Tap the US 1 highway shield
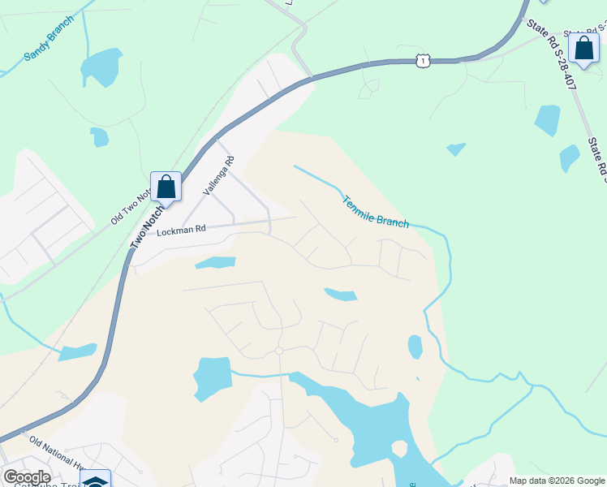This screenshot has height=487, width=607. [422, 60]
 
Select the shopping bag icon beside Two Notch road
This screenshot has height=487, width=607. [166, 187]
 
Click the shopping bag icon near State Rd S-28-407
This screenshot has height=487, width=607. [583, 48]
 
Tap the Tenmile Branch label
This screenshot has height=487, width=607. [374, 211]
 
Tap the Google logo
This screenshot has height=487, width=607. [26, 477]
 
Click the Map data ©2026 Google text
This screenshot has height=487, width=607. [557, 481]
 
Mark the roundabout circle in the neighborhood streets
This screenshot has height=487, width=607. [278, 351]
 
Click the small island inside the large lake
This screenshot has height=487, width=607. [398, 448]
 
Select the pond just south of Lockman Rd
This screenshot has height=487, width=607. [215, 263]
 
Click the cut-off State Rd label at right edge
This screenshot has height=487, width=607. [597, 158]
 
